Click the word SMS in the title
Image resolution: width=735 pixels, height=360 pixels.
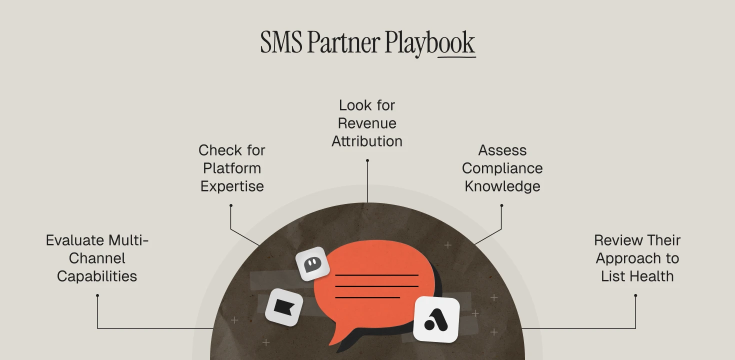pyautogui.click(x=281, y=42)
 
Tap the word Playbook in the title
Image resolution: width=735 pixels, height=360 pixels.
pyautogui.click(x=429, y=43)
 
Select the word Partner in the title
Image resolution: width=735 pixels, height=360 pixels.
pyautogui.click(x=343, y=42)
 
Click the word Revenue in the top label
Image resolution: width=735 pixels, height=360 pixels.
pyautogui.click(x=367, y=123)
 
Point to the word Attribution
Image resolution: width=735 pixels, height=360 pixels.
pyautogui.click(x=367, y=141)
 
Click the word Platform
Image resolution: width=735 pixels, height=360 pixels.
pyautogui.click(x=232, y=168)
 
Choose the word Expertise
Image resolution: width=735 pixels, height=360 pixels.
pyautogui.click(x=232, y=186)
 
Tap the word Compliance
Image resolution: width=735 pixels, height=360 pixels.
pyautogui.click(x=502, y=168)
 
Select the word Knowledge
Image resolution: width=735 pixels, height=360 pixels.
pyautogui.click(x=502, y=186)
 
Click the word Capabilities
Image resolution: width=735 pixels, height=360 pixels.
pyautogui.click(x=97, y=276)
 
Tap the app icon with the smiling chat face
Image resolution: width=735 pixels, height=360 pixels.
pyautogui.click(x=312, y=263)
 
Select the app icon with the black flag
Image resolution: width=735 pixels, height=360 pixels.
pyautogui.click(x=284, y=307)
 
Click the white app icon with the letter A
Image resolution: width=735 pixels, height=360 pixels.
pyautogui.click(x=436, y=319)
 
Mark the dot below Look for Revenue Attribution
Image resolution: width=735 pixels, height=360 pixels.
pyautogui.click(x=367, y=160)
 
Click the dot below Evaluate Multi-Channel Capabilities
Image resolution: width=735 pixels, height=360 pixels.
pyautogui.click(x=97, y=295)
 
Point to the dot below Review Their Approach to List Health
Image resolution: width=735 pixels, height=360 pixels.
pyautogui.click(x=635, y=295)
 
